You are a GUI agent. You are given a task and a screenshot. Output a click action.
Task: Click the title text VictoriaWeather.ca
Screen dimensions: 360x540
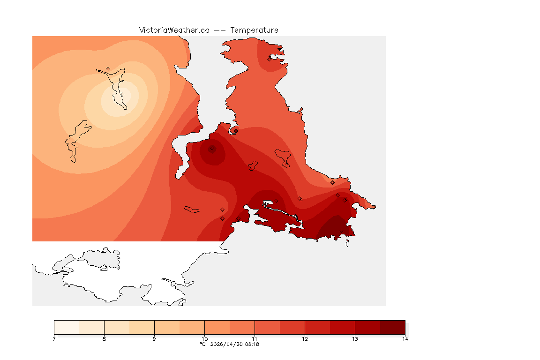[174, 30]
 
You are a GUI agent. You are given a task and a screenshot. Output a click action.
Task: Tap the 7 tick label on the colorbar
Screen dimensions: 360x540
[54, 339]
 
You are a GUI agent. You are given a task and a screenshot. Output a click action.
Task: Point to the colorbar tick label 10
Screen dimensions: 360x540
[204, 339]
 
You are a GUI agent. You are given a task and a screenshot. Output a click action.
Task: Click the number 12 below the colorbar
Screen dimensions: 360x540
[305, 339]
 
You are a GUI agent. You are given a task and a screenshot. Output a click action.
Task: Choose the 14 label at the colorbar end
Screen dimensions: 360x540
[405, 339]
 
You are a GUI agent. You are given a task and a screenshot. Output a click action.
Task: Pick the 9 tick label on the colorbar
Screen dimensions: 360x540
[154, 339]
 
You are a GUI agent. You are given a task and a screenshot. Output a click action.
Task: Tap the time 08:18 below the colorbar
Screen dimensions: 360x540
[252, 344]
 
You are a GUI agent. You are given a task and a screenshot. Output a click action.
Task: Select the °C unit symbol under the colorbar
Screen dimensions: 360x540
[202, 344]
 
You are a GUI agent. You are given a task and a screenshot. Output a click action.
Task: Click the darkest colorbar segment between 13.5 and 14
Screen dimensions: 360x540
[392, 327]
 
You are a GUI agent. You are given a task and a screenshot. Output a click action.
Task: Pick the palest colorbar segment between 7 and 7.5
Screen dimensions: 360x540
[67, 327]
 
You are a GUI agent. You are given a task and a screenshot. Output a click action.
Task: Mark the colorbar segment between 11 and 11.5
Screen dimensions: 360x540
[267, 327]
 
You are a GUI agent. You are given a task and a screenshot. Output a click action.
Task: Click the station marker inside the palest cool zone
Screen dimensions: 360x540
[122, 94]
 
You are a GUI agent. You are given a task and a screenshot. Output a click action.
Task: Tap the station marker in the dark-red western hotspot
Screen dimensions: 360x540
[212, 149]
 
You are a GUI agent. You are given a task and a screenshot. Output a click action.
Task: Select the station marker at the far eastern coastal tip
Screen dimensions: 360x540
[374, 207]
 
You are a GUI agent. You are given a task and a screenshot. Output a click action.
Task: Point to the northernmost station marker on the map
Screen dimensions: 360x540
[270, 59]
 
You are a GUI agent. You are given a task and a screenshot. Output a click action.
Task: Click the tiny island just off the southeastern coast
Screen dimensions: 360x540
[347, 243]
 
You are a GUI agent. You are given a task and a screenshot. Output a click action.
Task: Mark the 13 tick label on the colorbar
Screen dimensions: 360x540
[355, 339]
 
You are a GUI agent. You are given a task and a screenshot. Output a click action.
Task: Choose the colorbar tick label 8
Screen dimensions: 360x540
[104, 339]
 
